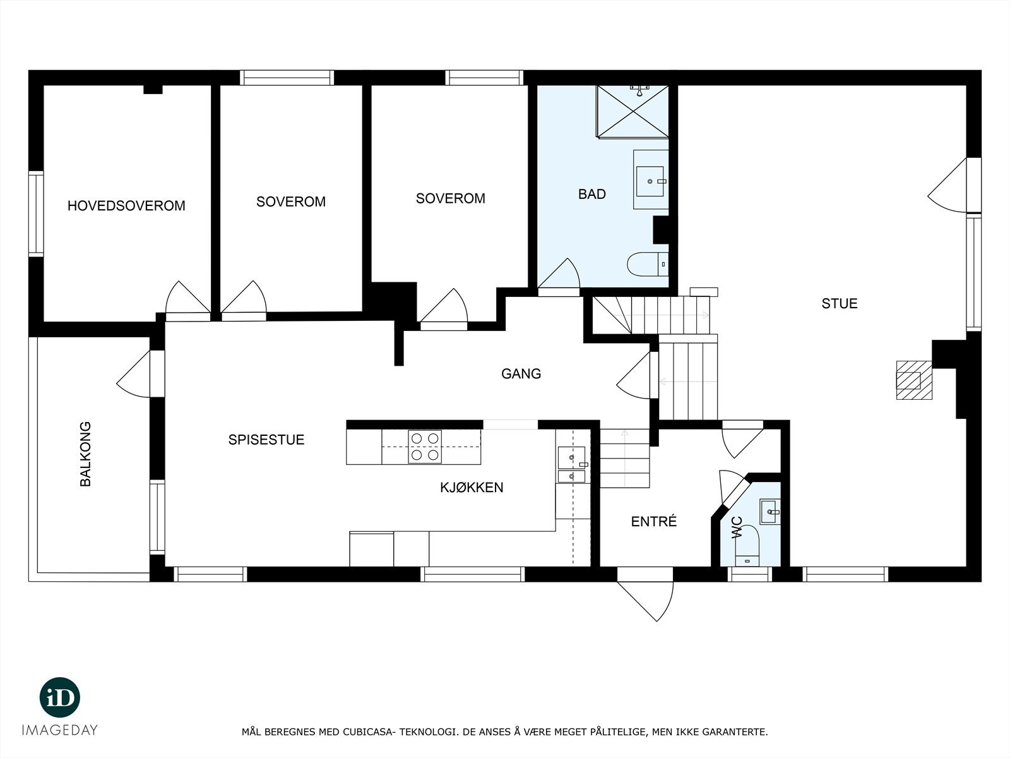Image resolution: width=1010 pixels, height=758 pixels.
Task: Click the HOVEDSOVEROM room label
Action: tap(126, 206)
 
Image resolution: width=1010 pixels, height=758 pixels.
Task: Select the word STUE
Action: tap(839, 304)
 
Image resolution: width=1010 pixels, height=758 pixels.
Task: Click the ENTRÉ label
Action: tap(654, 522)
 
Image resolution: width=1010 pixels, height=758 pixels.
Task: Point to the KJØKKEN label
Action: tap(472, 488)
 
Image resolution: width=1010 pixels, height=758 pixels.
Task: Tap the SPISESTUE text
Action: tap(266, 440)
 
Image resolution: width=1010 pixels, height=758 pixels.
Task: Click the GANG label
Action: tap(521, 374)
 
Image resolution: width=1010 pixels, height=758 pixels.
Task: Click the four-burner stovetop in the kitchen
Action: tap(424, 446)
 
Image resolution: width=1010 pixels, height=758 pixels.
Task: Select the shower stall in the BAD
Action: tap(633, 111)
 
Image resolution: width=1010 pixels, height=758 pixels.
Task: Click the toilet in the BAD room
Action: tap(647, 263)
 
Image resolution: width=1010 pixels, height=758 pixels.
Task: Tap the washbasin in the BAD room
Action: tap(650, 180)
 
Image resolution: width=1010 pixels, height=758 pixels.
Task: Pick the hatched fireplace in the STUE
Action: tap(914, 380)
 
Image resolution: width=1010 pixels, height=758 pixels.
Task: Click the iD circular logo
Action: tap(60, 697)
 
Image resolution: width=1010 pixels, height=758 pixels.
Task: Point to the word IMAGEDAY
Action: tap(60, 730)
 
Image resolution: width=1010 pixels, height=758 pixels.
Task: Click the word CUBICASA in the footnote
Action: tap(366, 732)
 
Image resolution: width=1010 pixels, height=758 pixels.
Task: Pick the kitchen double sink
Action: tap(571, 464)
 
